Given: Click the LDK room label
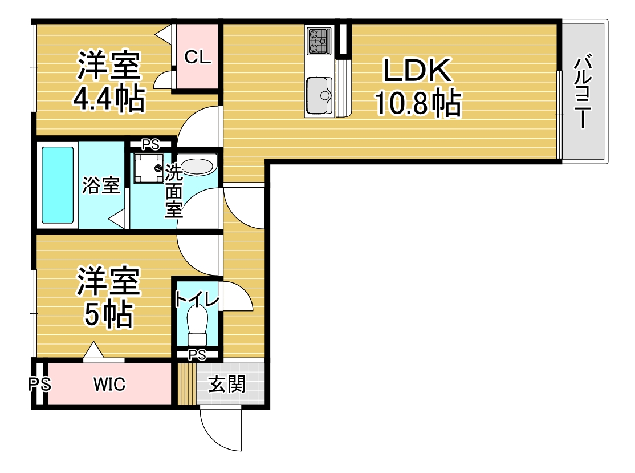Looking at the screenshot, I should pyautogui.click(x=417, y=71).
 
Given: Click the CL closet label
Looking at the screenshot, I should pyautogui.click(x=197, y=56).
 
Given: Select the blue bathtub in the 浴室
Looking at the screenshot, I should pyautogui.click(x=58, y=185).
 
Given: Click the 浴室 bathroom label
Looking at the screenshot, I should pyautogui.click(x=101, y=185).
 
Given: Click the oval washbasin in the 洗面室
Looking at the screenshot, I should pyautogui.click(x=197, y=166).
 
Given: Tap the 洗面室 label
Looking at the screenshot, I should pyautogui.click(x=173, y=191).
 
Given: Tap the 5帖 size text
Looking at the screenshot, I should pyautogui.click(x=108, y=314).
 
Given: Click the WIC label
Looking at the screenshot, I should pyautogui.click(x=109, y=385).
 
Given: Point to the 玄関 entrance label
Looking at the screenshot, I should pyautogui.click(x=226, y=385).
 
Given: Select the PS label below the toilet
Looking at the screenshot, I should pyautogui.click(x=197, y=355).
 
